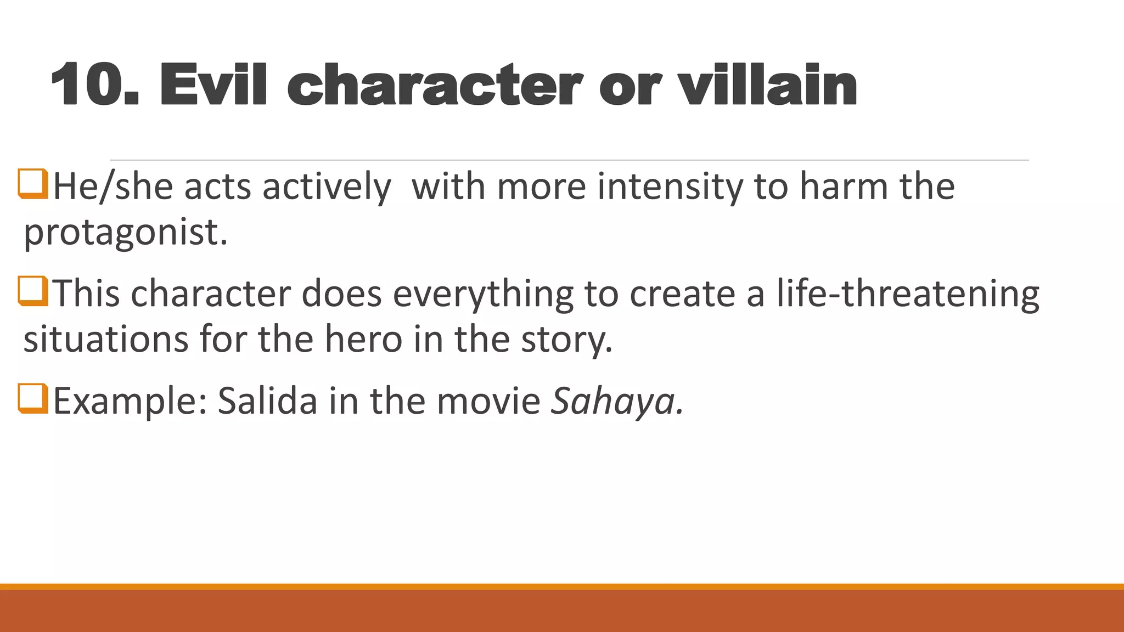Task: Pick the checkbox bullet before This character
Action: point(33,291)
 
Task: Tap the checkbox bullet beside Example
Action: point(33,398)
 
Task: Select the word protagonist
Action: point(125,233)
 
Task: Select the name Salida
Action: point(267,401)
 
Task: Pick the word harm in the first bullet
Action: point(844,187)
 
